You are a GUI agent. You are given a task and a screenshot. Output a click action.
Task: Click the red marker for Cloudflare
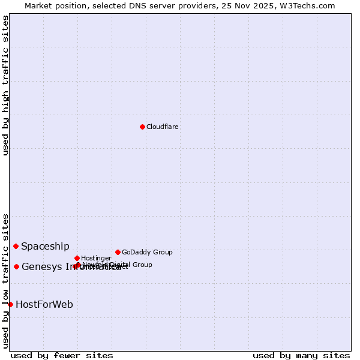tap(142, 127)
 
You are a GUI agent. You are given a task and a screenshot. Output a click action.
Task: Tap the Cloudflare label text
tap(163, 127)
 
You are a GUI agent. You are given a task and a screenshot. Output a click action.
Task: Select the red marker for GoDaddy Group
tap(118, 252)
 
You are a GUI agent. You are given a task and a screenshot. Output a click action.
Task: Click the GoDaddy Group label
tap(147, 253)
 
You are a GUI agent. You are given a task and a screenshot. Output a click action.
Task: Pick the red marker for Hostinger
tap(77, 258)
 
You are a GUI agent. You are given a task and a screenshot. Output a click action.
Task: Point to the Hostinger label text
tap(96, 259)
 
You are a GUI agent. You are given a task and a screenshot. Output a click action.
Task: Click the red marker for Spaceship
tap(16, 246)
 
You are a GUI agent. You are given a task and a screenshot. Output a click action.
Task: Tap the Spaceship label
tap(46, 247)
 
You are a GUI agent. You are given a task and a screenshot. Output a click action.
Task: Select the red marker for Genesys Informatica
tap(17, 266)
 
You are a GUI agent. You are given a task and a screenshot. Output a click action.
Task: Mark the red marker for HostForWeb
tap(10, 304)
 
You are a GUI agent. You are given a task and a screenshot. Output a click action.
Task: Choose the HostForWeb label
tap(44, 305)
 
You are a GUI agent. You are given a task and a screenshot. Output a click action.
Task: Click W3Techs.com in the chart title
tap(310, 6)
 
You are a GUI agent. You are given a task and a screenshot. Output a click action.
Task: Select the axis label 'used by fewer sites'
tap(62, 356)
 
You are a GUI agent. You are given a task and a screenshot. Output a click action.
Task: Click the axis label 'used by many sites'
tap(301, 356)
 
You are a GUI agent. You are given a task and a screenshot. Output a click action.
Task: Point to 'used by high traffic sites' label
tap(6, 86)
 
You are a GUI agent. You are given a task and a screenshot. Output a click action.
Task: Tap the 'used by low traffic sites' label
tap(6, 281)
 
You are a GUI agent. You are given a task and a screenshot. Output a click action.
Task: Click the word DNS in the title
tap(137, 6)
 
